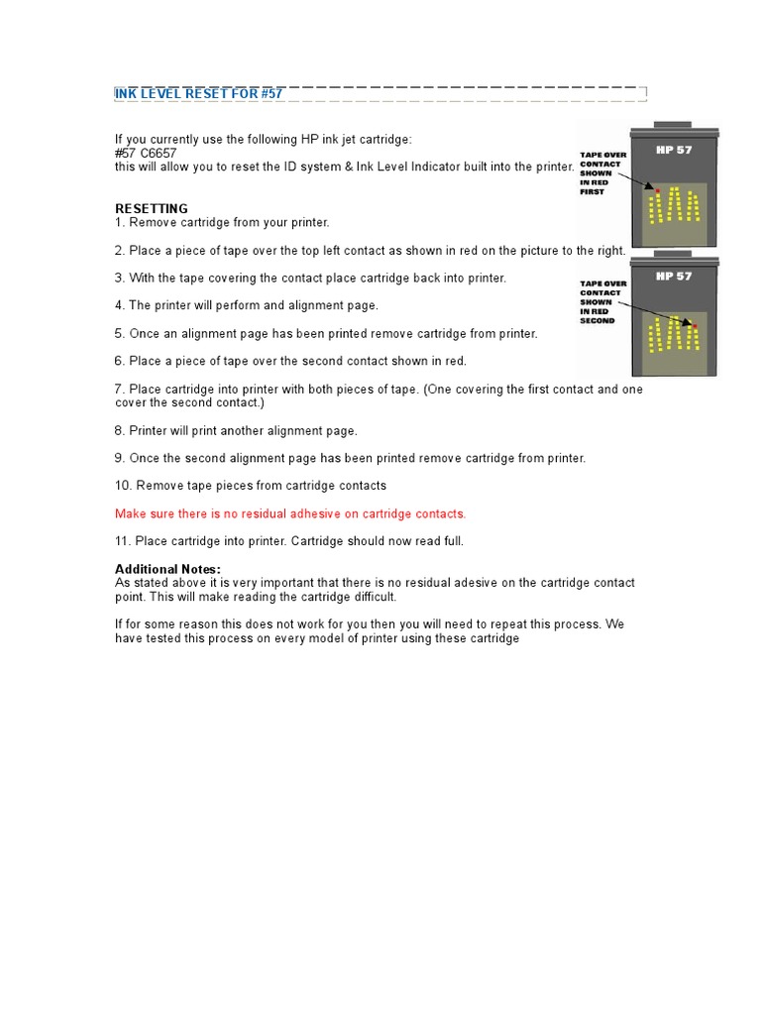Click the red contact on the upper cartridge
click(x=655, y=188)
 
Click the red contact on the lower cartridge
click(x=695, y=325)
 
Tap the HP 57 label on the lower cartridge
click(x=674, y=277)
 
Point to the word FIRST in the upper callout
click(x=592, y=191)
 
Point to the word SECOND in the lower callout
click(x=597, y=321)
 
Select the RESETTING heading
click(x=152, y=209)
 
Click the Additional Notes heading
click(x=167, y=569)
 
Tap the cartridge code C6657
click(x=159, y=154)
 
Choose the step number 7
click(x=119, y=390)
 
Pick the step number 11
click(x=122, y=541)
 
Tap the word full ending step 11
click(x=452, y=541)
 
